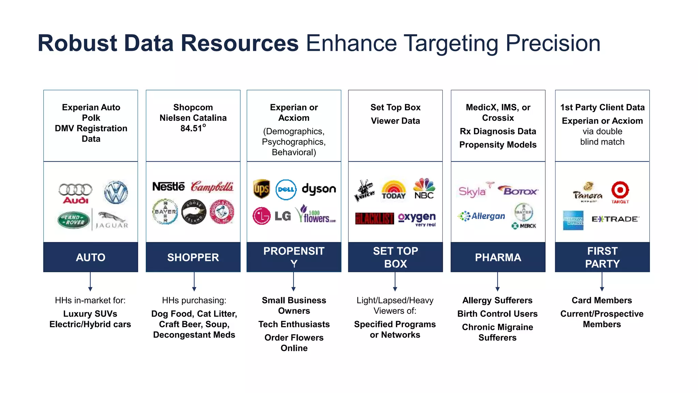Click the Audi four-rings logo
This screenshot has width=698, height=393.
75,193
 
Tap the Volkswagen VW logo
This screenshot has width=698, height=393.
116,192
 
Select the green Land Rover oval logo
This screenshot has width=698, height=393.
74,220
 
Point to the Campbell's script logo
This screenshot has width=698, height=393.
212,187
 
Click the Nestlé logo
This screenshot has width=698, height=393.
168,186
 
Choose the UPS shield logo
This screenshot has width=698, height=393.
261,189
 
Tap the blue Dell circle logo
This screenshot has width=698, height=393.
286,189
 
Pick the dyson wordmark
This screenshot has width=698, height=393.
319,189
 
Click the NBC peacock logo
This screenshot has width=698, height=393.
424,188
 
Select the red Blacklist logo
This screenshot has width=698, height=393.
374,218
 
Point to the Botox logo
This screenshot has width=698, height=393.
518,190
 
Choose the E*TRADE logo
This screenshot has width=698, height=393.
615,219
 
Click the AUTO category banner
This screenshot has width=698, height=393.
91,257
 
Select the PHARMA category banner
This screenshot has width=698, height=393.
498,257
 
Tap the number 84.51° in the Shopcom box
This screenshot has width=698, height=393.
193,128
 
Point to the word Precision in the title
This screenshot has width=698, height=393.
553,43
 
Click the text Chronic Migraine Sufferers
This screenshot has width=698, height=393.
498,332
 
